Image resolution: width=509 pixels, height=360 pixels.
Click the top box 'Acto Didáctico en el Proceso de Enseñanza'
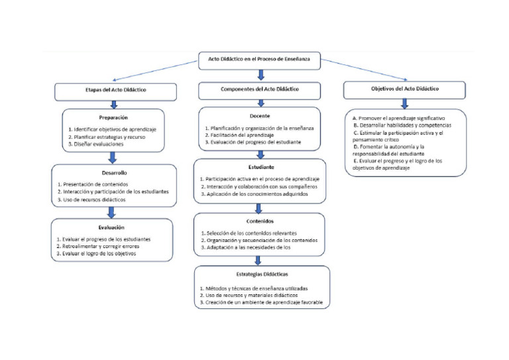[x=259, y=60]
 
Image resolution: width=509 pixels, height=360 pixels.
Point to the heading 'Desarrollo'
[x=113, y=172]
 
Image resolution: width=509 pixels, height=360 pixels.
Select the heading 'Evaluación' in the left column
[x=113, y=227]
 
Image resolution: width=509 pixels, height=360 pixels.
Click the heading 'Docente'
[x=259, y=115]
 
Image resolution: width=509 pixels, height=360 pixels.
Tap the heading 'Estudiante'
[x=259, y=168]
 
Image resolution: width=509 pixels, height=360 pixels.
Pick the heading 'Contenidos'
[x=259, y=221]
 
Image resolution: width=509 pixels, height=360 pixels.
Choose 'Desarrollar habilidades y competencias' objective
[x=402, y=125]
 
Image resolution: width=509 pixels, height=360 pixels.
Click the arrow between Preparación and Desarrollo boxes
[x=112, y=158]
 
